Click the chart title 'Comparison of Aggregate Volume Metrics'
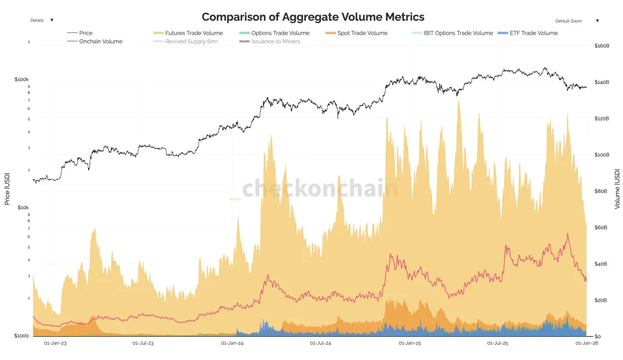point(313,17)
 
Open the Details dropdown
point(41,20)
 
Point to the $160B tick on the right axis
point(602,46)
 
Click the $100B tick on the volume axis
point(602,154)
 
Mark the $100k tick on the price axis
point(22,80)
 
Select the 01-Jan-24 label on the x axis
point(232,344)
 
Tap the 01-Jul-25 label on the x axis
point(498,344)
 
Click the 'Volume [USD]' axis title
point(617,189)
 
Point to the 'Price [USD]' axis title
point(7,188)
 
